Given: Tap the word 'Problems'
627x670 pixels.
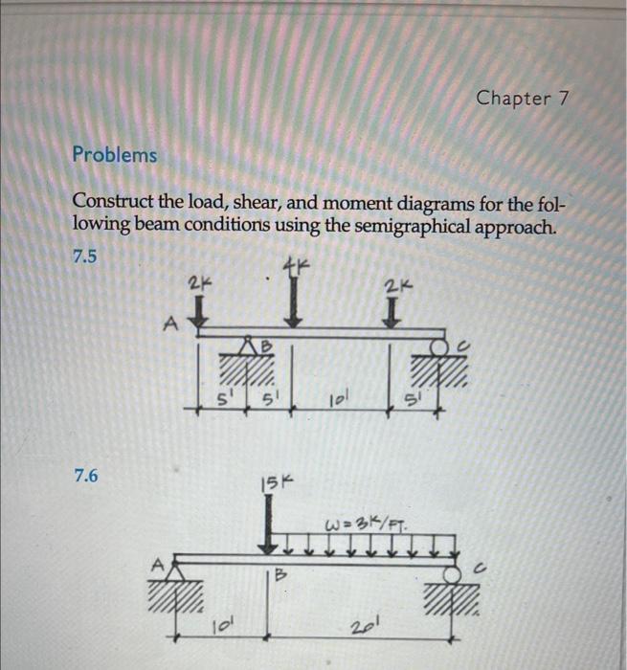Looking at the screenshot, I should pyautogui.click(x=115, y=154).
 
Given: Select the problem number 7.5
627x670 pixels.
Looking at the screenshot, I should pyautogui.click(x=85, y=257).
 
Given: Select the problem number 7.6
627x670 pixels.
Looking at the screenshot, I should pyautogui.click(x=85, y=474).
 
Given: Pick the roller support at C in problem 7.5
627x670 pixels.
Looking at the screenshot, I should pyautogui.click(x=440, y=347).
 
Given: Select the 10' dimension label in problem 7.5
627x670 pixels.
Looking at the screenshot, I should pyautogui.click(x=339, y=397).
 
